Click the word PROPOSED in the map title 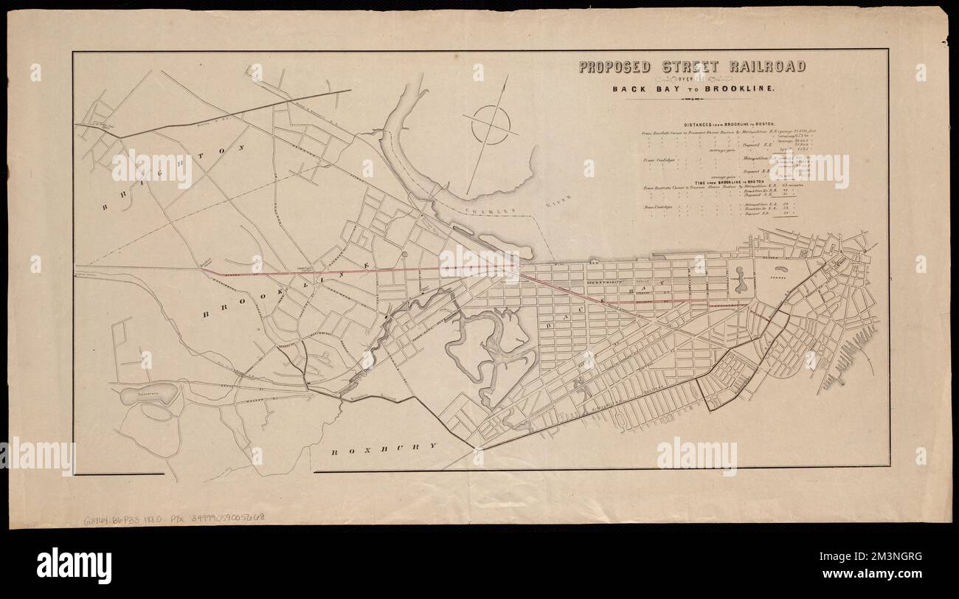[x=614, y=67]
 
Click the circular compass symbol [x=489, y=125]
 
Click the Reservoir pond [x=149, y=394]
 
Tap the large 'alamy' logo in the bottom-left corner [x=74, y=566]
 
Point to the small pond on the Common [x=782, y=281]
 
